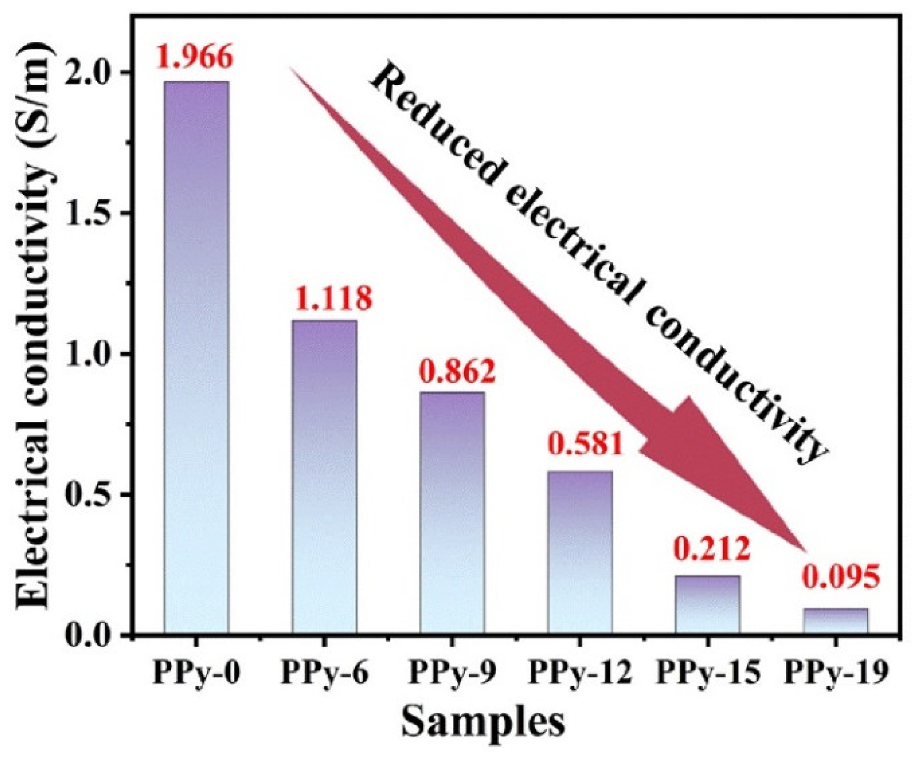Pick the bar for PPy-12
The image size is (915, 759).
point(580,551)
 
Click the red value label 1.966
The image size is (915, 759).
point(195,58)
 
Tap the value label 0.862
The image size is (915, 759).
point(457,371)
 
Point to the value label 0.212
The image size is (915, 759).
point(712,549)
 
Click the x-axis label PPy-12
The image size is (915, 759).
point(580,673)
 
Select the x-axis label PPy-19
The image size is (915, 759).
point(835,673)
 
